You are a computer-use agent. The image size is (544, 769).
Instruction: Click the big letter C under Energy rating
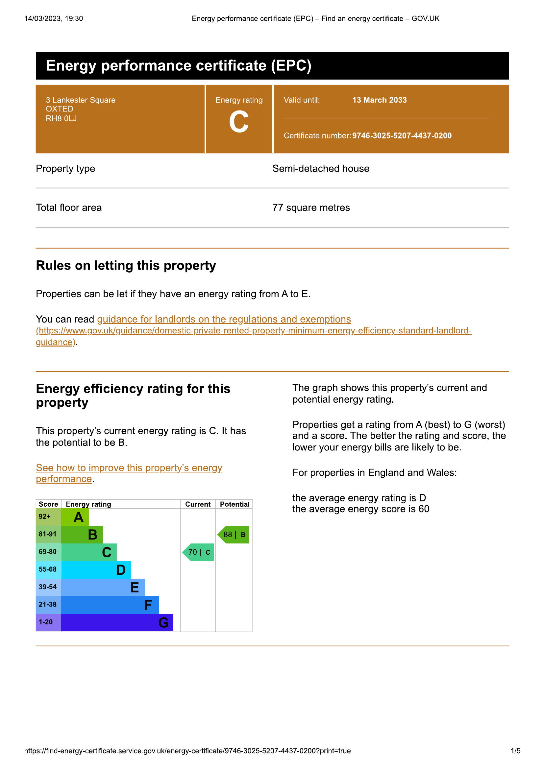click(x=239, y=122)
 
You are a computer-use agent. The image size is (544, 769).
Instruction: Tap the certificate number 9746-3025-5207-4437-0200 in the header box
click(x=402, y=136)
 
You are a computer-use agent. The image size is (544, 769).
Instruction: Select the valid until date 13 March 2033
click(x=379, y=100)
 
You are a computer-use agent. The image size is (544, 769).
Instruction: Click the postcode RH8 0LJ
click(x=61, y=119)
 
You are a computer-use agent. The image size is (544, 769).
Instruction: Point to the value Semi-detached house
click(x=321, y=168)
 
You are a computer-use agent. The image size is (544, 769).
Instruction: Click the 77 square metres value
click(x=311, y=208)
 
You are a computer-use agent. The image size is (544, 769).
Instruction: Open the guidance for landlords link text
click(x=224, y=319)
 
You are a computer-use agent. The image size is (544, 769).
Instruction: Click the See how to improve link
click(x=129, y=468)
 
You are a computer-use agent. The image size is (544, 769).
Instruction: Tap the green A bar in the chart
click(x=75, y=517)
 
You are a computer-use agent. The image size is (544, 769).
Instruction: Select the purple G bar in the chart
click(x=117, y=623)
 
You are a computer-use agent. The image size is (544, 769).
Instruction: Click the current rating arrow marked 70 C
click(x=199, y=552)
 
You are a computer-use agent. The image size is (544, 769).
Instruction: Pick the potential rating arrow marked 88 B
click(x=234, y=535)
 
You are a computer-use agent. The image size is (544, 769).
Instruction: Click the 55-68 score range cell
click(x=48, y=569)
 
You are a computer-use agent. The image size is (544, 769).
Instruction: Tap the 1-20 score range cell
click(x=46, y=622)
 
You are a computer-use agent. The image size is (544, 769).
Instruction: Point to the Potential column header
click(x=235, y=504)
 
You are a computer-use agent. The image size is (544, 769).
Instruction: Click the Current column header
click(x=198, y=504)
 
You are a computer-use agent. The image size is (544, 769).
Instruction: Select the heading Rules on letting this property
click(x=126, y=266)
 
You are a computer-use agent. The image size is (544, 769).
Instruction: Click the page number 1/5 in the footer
click(x=515, y=751)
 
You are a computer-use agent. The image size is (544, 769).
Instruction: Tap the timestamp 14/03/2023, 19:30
click(x=54, y=19)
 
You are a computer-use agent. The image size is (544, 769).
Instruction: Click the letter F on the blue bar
click(x=148, y=605)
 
